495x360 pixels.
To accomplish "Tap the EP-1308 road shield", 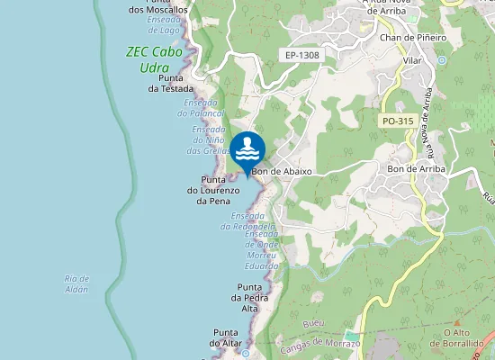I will pos(302,56).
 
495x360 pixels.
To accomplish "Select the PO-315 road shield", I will pos(396,121).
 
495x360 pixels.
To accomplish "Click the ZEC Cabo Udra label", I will pos(154,59).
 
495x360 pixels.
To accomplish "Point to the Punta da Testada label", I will pos(171,83).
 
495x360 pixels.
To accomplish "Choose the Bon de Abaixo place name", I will pos(282,171).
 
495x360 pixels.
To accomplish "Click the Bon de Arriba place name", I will pos(416,168).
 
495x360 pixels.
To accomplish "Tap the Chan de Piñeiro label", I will pos(414,38).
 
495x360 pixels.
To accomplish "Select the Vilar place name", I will pos(413,60).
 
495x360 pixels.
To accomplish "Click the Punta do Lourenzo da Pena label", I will pos(213,190).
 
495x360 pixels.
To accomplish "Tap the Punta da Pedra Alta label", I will pos(249,297).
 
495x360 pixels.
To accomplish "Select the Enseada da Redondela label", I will pos(254,221).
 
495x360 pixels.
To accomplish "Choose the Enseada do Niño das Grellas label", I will pos(209,140).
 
